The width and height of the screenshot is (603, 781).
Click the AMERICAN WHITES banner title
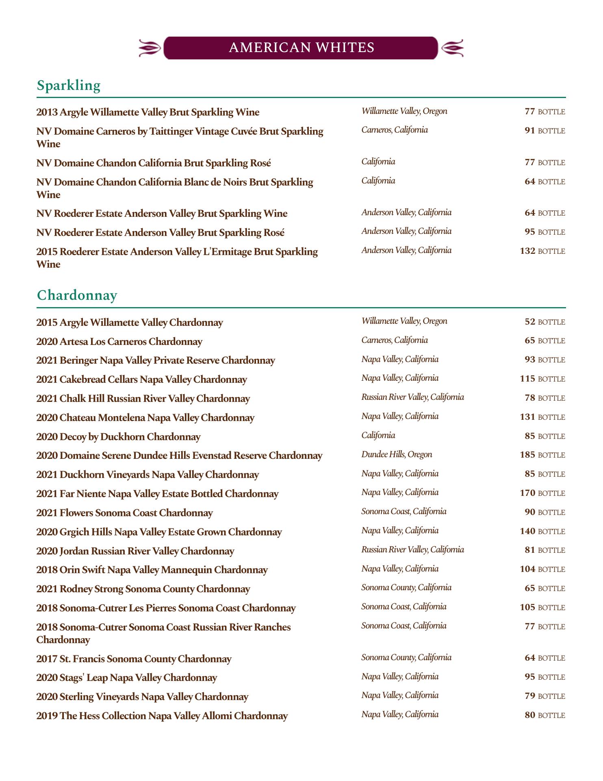tap(301, 48)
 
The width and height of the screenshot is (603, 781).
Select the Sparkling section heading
tap(68, 85)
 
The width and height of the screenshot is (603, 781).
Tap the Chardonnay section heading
tap(77, 295)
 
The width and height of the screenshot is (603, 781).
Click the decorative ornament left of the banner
tap(150, 48)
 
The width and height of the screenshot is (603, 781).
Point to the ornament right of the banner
tap(452, 48)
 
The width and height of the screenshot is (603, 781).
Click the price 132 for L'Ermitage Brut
tap(527, 251)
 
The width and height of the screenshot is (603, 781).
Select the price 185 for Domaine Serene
tap(527, 455)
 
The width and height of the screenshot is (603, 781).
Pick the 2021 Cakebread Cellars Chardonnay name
tap(141, 380)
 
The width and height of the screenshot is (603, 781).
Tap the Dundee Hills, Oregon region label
tap(397, 454)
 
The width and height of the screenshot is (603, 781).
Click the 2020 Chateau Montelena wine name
tap(145, 418)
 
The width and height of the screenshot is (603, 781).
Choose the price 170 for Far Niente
tap(527, 493)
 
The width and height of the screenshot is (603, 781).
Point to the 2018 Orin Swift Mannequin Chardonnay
tap(152, 570)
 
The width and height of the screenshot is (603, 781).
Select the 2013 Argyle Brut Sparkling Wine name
tap(147, 112)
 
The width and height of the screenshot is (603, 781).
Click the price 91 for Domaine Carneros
tap(530, 131)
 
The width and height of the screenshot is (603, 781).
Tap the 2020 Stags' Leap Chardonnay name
tap(126, 678)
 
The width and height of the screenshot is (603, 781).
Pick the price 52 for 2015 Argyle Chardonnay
tap(530, 322)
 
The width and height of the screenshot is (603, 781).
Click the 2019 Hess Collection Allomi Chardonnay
tap(162, 716)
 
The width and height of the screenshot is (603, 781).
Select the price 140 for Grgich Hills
tap(527, 531)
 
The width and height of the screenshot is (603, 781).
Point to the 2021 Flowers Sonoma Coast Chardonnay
tap(124, 513)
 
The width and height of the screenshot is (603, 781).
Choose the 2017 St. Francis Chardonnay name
tap(134, 659)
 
